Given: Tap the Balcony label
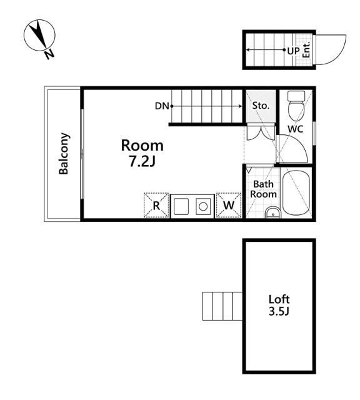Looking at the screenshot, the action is (64, 154).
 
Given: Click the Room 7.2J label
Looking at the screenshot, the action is (142, 153).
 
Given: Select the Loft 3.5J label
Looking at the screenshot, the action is (279, 305).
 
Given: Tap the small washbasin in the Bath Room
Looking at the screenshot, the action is (272, 212).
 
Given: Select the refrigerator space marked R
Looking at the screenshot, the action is (156, 205).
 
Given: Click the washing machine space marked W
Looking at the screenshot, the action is (229, 205).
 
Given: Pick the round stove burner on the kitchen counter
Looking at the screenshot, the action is (203, 206).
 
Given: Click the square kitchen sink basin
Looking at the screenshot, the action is (181, 206).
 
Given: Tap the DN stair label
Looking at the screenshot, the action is (162, 106).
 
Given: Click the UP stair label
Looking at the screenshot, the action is (293, 51).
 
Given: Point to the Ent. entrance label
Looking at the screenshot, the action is (306, 49).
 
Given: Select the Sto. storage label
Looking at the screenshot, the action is (261, 106).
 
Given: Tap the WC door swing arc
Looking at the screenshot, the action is (299, 144).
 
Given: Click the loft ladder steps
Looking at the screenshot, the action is (222, 306).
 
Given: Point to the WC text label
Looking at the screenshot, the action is (296, 129).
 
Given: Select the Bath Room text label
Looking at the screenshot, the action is (263, 189).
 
